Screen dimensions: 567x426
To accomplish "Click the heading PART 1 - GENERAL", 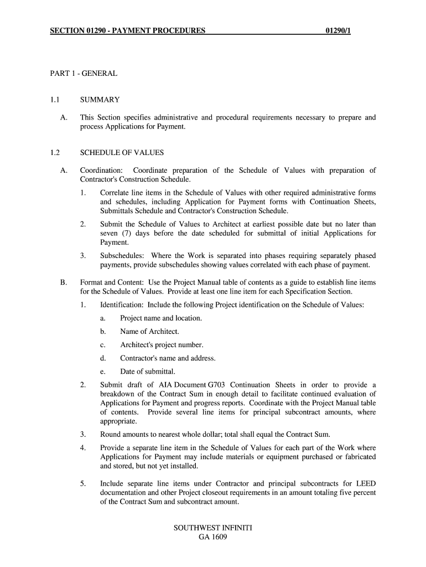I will pyautogui.click(x=84, y=73).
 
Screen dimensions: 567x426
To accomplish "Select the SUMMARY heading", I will pyautogui.click(x=100, y=100).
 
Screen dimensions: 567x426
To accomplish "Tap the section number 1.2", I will pyautogui.click(x=54, y=153).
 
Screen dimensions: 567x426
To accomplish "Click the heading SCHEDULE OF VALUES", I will pyautogui.click(x=122, y=153).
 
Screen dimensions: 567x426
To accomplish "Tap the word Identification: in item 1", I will pyautogui.click(x=122, y=305).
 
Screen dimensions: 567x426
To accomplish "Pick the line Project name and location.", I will pyautogui.click(x=161, y=318).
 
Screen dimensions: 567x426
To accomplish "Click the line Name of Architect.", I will pyautogui.click(x=149, y=332).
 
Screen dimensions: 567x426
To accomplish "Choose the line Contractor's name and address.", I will pyautogui.click(x=168, y=358).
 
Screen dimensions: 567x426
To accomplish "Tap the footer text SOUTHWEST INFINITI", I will pyautogui.click(x=212, y=528).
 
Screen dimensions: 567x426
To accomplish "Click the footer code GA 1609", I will pyautogui.click(x=212, y=537).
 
